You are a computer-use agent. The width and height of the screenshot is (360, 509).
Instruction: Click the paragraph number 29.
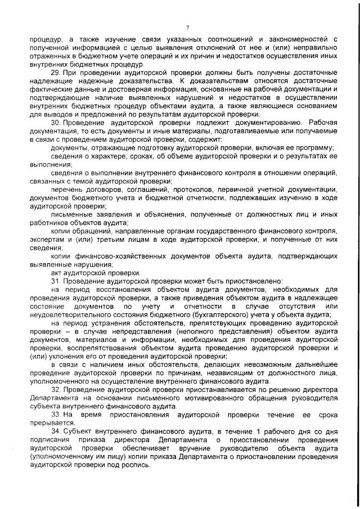pos(55,75)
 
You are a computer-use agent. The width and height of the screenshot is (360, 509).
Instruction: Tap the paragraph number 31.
pos(55,281)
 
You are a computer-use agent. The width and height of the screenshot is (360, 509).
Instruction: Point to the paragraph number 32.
pos(55,390)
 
